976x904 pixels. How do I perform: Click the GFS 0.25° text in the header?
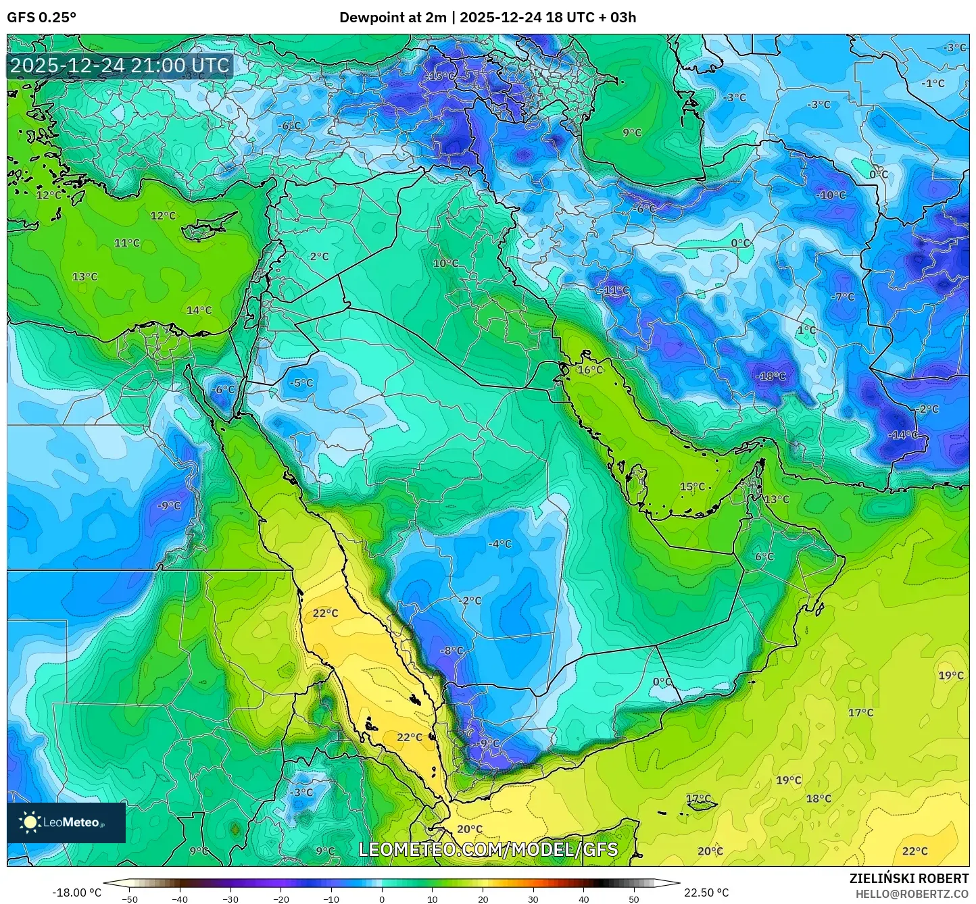[41, 18]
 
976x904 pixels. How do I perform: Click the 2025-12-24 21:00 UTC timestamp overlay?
[120, 66]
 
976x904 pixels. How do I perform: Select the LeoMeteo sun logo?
[30, 822]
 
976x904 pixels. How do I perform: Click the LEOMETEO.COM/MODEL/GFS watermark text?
[487, 849]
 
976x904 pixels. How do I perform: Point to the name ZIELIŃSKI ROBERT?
[908, 878]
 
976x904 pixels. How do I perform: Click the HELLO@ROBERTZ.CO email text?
[912, 893]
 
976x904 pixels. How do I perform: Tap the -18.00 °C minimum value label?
[76, 893]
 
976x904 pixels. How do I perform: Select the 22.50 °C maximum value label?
[706, 893]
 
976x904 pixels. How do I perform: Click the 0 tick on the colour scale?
[382, 899]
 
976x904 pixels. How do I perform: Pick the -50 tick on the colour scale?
[129, 899]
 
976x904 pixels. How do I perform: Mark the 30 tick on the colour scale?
[533, 899]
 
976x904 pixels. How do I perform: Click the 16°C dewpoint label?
[590, 370]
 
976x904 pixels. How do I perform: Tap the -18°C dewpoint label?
[771, 376]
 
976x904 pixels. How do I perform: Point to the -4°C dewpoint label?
[500, 544]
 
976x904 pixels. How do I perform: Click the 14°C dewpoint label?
[199, 310]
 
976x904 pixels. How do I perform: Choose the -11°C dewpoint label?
[614, 291]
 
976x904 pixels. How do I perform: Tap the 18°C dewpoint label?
[819, 799]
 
